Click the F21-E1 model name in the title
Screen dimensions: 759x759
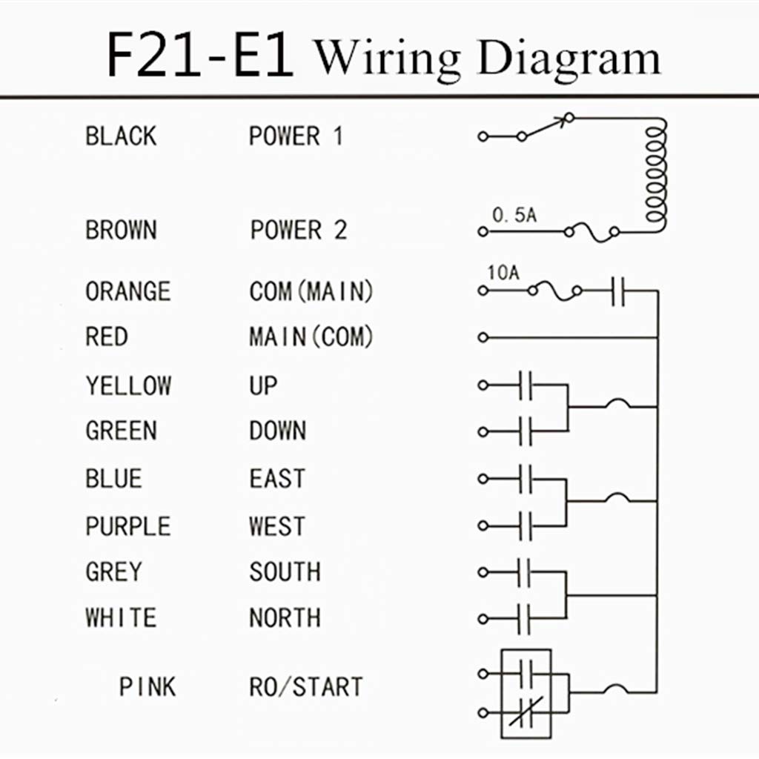pos(200,54)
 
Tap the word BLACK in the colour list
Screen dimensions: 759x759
pos(121,136)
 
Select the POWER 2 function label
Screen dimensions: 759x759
pos(299,230)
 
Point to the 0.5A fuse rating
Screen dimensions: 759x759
pos(514,215)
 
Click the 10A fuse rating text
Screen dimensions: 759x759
pos(503,273)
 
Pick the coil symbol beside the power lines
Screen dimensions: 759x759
pos(657,174)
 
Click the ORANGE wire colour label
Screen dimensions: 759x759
pos(127,291)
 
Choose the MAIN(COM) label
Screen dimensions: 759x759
pos(311,337)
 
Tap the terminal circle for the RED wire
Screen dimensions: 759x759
pos(483,337)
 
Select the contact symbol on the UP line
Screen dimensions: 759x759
pos(526,385)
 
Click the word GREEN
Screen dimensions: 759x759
pos(121,431)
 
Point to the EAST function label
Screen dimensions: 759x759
pos(277,479)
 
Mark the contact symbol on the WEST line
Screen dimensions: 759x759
pos(526,526)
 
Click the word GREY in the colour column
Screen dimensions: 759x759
pos(113,571)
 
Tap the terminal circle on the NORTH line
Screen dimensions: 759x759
pos(483,619)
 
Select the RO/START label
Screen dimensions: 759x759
pos(306,687)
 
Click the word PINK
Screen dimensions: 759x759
pos(148,687)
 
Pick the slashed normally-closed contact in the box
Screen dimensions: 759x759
pos(526,712)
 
